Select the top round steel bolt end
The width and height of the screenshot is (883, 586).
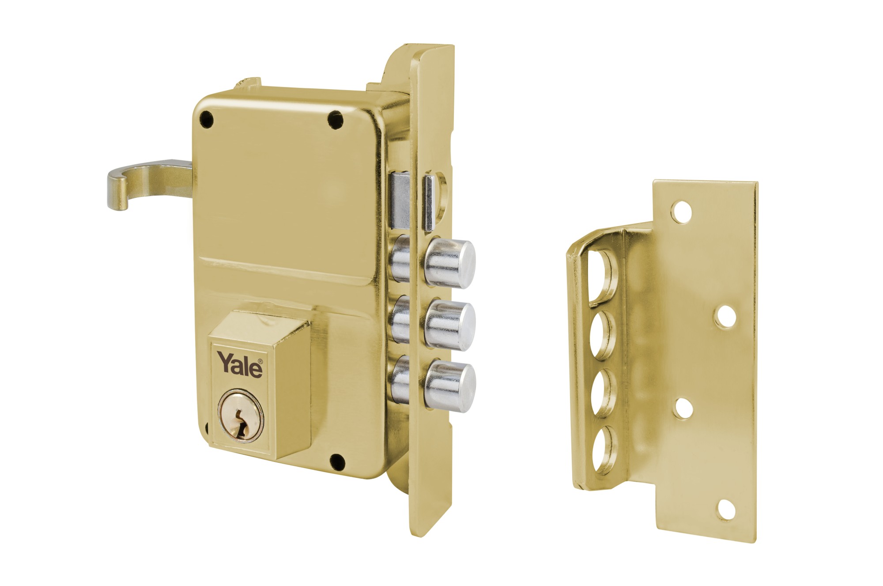(450, 263)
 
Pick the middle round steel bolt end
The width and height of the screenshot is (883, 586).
(450, 325)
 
